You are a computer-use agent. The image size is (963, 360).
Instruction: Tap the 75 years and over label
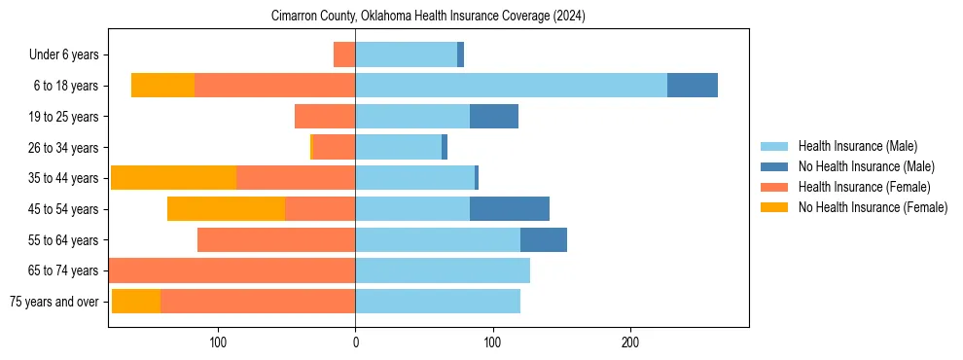[x=54, y=302]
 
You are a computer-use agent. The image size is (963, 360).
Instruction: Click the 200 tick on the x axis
[x=630, y=342]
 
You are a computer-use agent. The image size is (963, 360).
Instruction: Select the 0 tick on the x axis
[x=355, y=342]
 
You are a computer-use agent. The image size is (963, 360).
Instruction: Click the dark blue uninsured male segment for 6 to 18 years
[x=693, y=86]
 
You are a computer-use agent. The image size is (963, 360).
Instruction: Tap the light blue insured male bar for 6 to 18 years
[x=511, y=86]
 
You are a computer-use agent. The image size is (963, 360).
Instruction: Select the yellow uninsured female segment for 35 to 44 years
[x=173, y=178]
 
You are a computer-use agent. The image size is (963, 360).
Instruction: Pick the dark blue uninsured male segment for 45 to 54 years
[x=510, y=209]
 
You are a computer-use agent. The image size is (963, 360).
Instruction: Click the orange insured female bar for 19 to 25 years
[x=325, y=117]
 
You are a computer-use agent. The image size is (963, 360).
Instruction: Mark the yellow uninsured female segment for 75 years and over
[x=136, y=302]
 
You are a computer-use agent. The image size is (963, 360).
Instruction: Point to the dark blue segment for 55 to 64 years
[x=544, y=240]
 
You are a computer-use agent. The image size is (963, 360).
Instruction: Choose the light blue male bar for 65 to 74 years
[x=443, y=270]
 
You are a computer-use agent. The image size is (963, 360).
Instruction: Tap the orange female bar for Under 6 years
[x=344, y=54]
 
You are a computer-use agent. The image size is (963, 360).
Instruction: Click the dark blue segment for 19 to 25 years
[x=494, y=117]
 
